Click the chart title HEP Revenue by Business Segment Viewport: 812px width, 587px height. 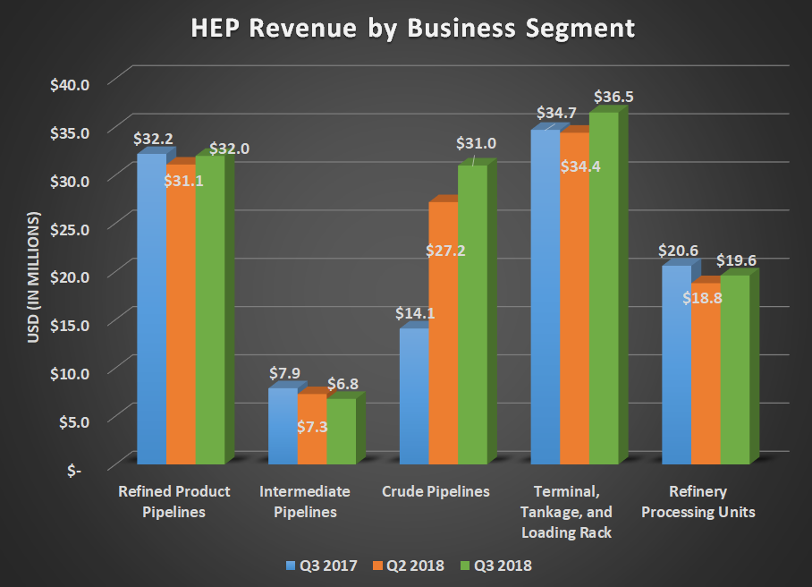point(413,29)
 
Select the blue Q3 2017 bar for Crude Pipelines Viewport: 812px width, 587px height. point(414,398)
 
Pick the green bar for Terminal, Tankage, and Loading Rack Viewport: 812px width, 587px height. point(604,286)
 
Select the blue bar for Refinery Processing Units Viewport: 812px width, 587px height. point(676,367)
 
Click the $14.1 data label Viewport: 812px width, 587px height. point(414,314)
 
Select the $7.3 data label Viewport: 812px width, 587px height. point(312,427)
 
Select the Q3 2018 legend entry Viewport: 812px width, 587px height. point(497,566)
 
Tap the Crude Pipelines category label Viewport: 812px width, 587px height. point(436,492)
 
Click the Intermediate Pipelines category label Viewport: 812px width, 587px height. point(304,502)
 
